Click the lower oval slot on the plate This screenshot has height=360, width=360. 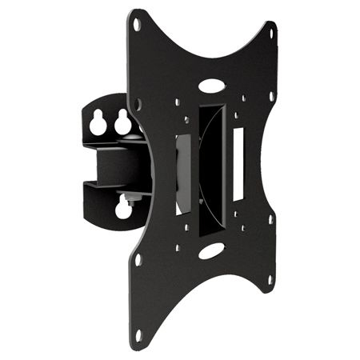211,251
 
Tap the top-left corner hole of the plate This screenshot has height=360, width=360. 136,25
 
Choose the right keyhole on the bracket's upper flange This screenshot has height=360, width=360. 122,122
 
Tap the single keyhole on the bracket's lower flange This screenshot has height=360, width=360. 124,209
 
